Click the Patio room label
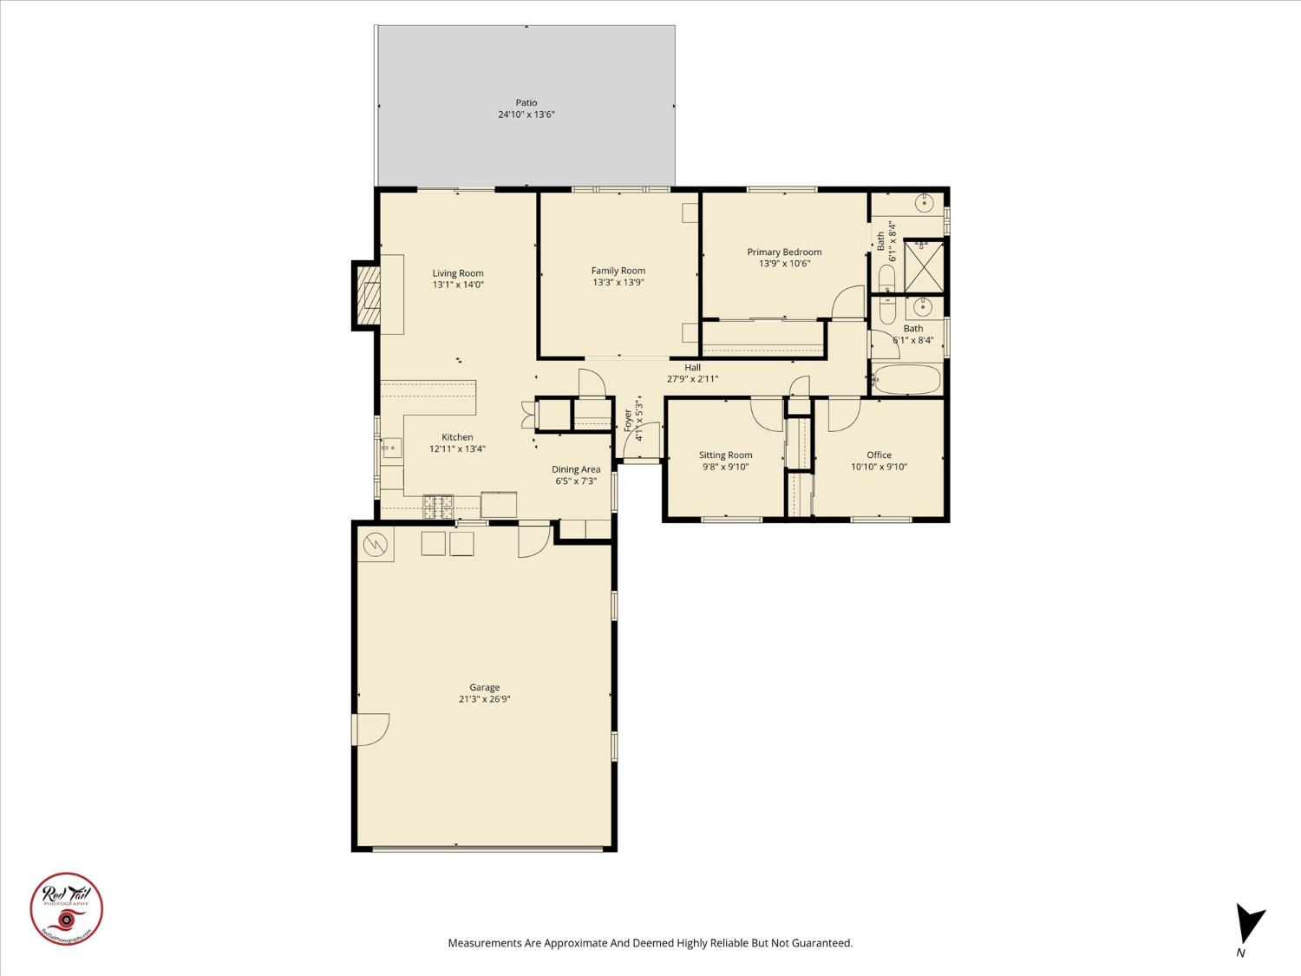526,102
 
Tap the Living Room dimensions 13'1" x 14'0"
458,285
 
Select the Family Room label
618,271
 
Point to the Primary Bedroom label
784,252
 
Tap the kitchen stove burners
438,506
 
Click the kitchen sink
392,449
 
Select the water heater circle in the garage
376,545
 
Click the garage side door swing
370,730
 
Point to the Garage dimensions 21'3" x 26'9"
484,699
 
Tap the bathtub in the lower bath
906,380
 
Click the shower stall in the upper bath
924,265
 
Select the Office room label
879,455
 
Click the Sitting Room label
725,455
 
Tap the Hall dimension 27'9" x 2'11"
692,379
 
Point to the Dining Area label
576,469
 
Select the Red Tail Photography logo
67,908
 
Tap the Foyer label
628,420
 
